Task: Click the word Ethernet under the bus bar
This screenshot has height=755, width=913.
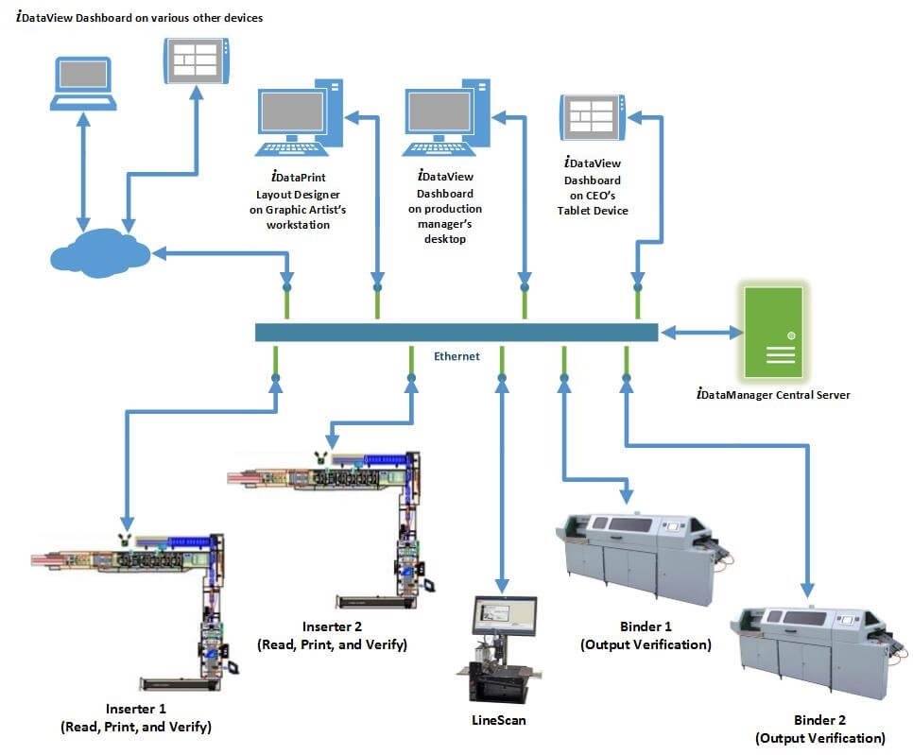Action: tap(456, 356)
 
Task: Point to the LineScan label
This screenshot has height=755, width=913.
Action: tap(498, 720)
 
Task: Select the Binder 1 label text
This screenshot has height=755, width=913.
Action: tap(646, 636)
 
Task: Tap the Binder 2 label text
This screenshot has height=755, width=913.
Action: tap(819, 729)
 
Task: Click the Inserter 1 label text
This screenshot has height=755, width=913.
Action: tap(135, 718)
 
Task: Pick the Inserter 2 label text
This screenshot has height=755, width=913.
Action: tap(332, 635)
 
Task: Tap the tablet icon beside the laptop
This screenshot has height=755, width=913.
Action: tap(197, 60)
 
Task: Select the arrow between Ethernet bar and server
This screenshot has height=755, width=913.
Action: tap(701, 332)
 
